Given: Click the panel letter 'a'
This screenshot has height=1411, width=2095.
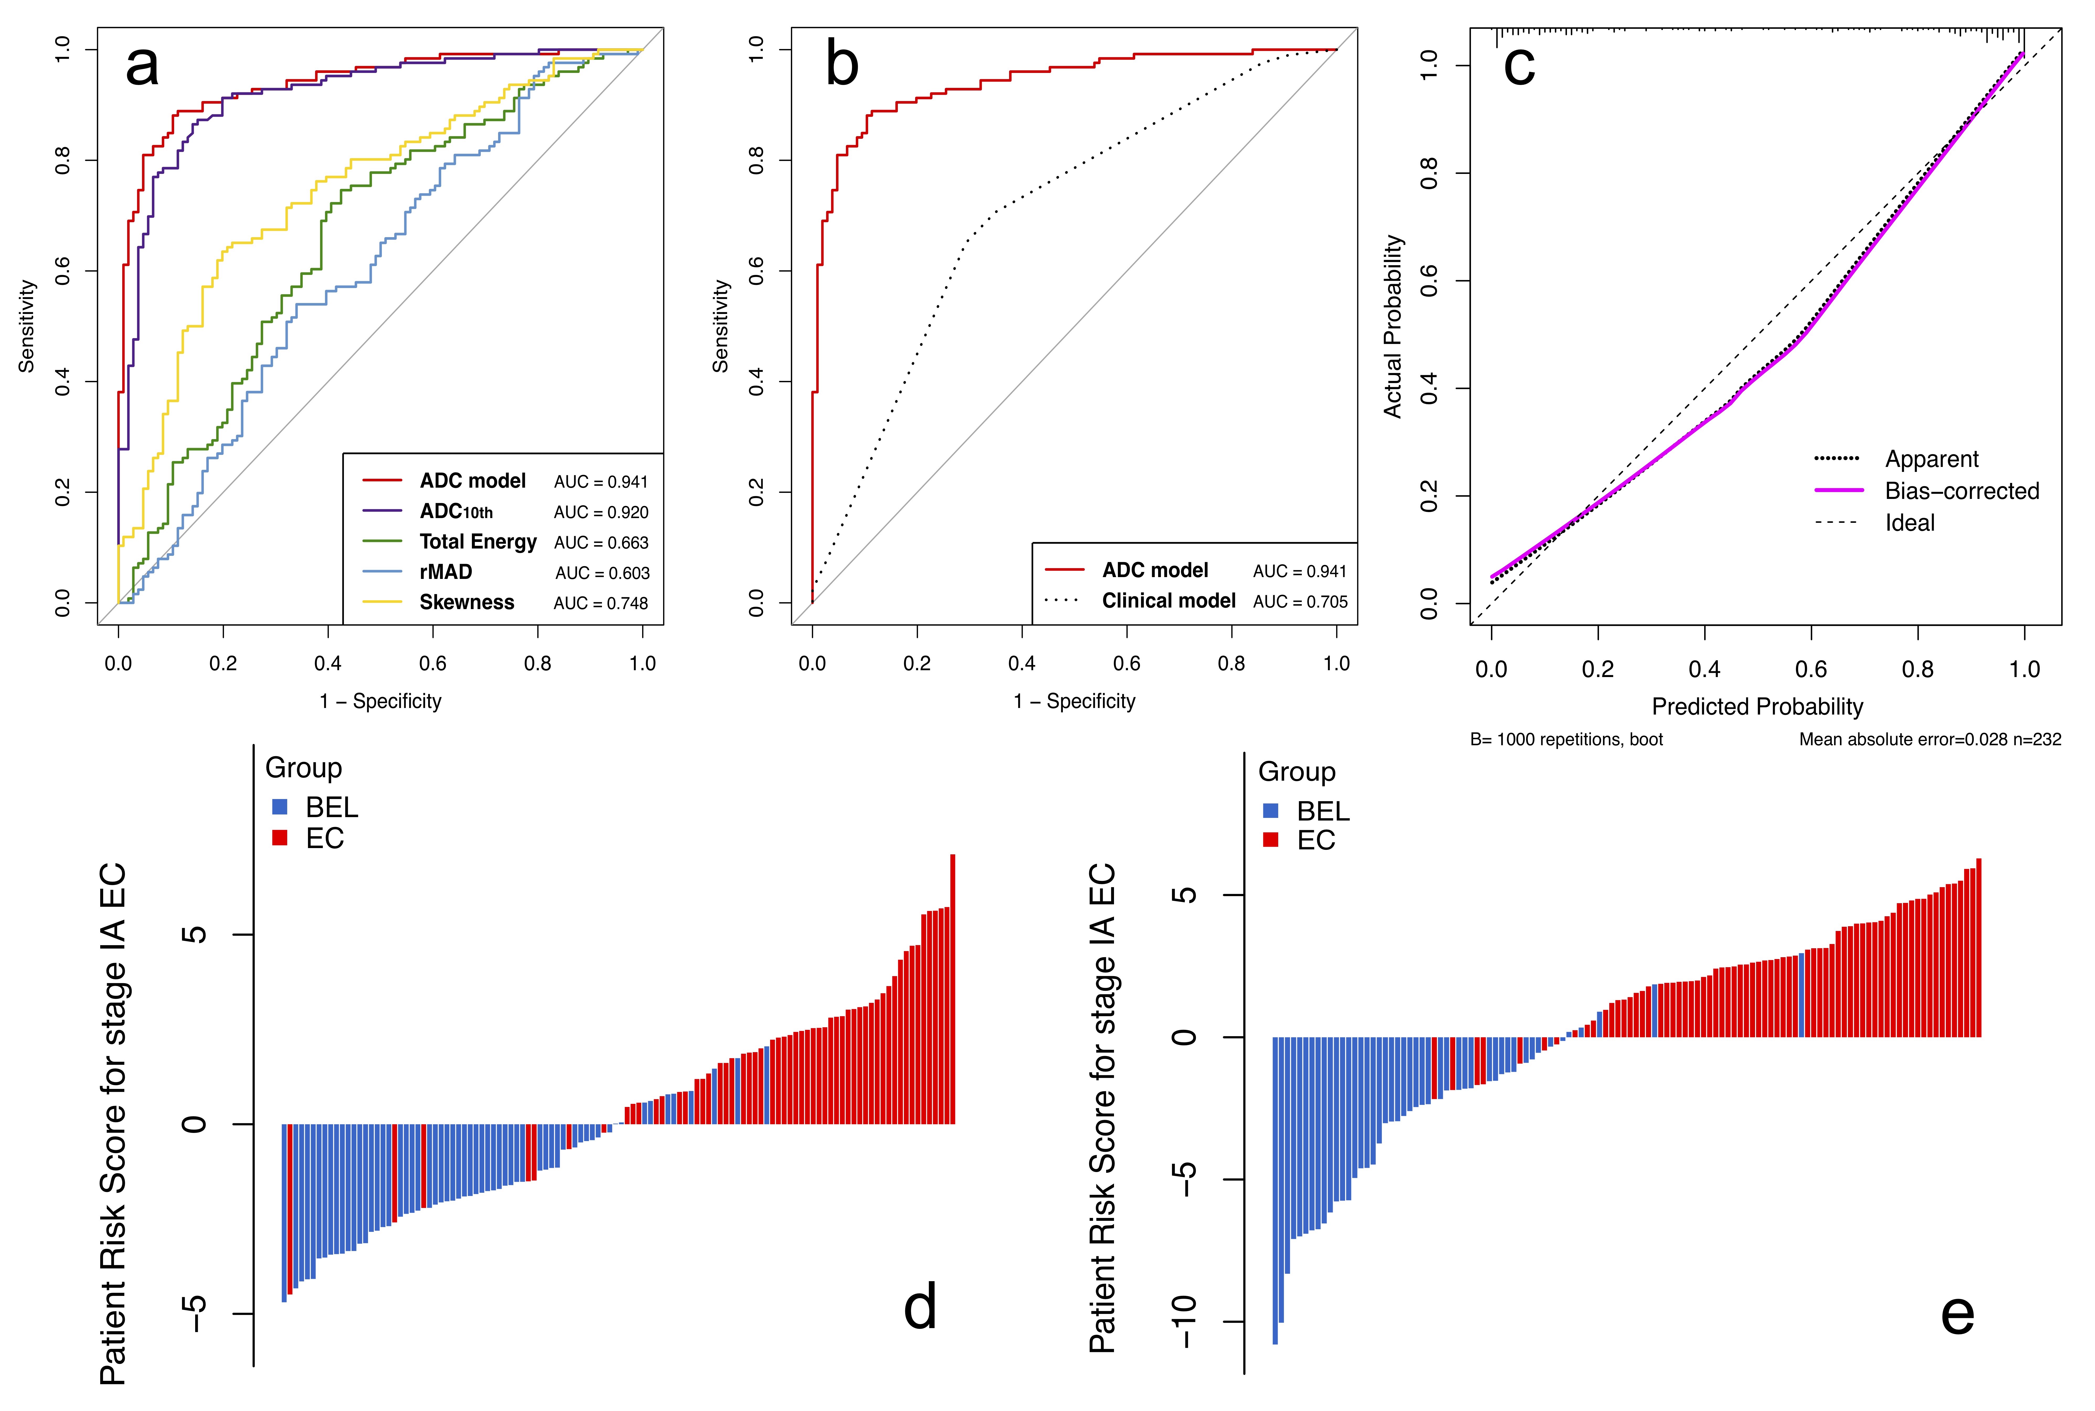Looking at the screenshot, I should click(142, 67).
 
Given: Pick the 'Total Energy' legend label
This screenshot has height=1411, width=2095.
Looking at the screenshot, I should click(478, 542).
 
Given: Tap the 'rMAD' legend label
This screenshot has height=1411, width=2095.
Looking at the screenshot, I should click(445, 572).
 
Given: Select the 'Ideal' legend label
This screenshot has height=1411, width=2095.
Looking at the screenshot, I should click(1910, 523).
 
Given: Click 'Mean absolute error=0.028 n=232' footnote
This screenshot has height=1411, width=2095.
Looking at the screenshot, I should click(1929, 740).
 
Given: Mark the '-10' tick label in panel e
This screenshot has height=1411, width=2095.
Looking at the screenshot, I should click(1186, 1322).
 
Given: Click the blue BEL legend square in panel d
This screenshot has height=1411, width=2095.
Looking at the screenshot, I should click(280, 807).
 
